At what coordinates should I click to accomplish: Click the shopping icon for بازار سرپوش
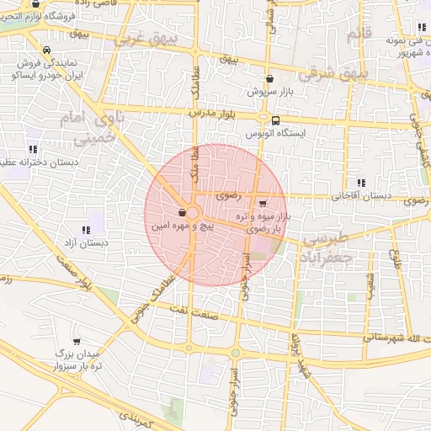coord(269,78)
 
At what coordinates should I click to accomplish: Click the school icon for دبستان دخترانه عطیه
coord(33,149)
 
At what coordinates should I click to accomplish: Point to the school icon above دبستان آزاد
coord(85,229)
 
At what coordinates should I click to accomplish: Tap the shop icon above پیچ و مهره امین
coord(184,213)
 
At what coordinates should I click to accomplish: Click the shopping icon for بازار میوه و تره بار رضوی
coord(263,203)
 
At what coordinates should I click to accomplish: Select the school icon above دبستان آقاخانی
coord(361,183)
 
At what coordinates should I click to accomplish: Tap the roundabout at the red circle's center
coord(193,214)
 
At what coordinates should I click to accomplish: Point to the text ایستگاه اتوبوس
coord(276,134)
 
